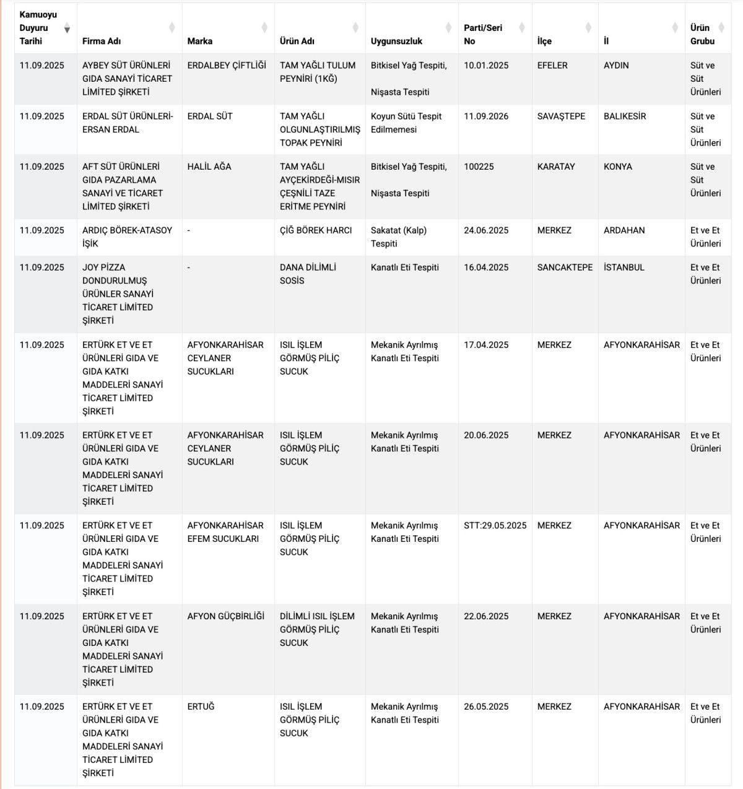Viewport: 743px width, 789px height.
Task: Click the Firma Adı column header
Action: (x=102, y=41)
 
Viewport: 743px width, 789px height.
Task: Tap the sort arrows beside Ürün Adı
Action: (x=355, y=28)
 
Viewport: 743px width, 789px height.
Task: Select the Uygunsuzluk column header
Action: (x=396, y=41)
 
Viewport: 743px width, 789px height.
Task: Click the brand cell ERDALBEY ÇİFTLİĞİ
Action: (x=227, y=65)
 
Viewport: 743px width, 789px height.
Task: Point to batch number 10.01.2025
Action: (x=486, y=65)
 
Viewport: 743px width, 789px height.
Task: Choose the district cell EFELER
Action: (x=552, y=65)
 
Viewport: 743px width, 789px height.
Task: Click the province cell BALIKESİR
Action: (x=625, y=116)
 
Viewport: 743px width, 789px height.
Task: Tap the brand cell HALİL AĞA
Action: (x=209, y=167)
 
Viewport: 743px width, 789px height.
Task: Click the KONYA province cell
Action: (x=618, y=167)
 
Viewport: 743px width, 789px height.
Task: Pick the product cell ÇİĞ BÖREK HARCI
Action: (x=316, y=230)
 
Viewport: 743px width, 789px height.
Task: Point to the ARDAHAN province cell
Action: (x=624, y=230)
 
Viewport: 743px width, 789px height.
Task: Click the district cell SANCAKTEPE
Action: (x=565, y=267)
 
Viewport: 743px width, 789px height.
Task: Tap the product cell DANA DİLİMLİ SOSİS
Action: (x=308, y=274)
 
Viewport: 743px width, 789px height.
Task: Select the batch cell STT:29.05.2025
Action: (x=495, y=525)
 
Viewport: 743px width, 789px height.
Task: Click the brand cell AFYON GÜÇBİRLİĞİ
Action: (x=226, y=616)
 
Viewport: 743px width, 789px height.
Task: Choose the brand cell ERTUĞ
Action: (x=201, y=707)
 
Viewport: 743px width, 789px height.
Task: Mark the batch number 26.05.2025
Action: (x=486, y=707)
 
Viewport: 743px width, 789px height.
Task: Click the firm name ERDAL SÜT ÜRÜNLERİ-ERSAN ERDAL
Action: (x=128, y=123)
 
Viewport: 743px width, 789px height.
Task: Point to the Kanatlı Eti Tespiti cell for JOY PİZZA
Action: (x=405, y=267)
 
